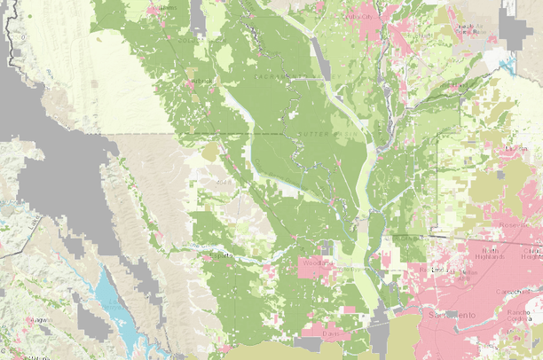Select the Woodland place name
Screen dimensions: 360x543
point(316,263)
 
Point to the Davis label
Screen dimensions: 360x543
point(330,334)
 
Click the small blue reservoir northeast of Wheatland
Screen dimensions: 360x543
point(507,63)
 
